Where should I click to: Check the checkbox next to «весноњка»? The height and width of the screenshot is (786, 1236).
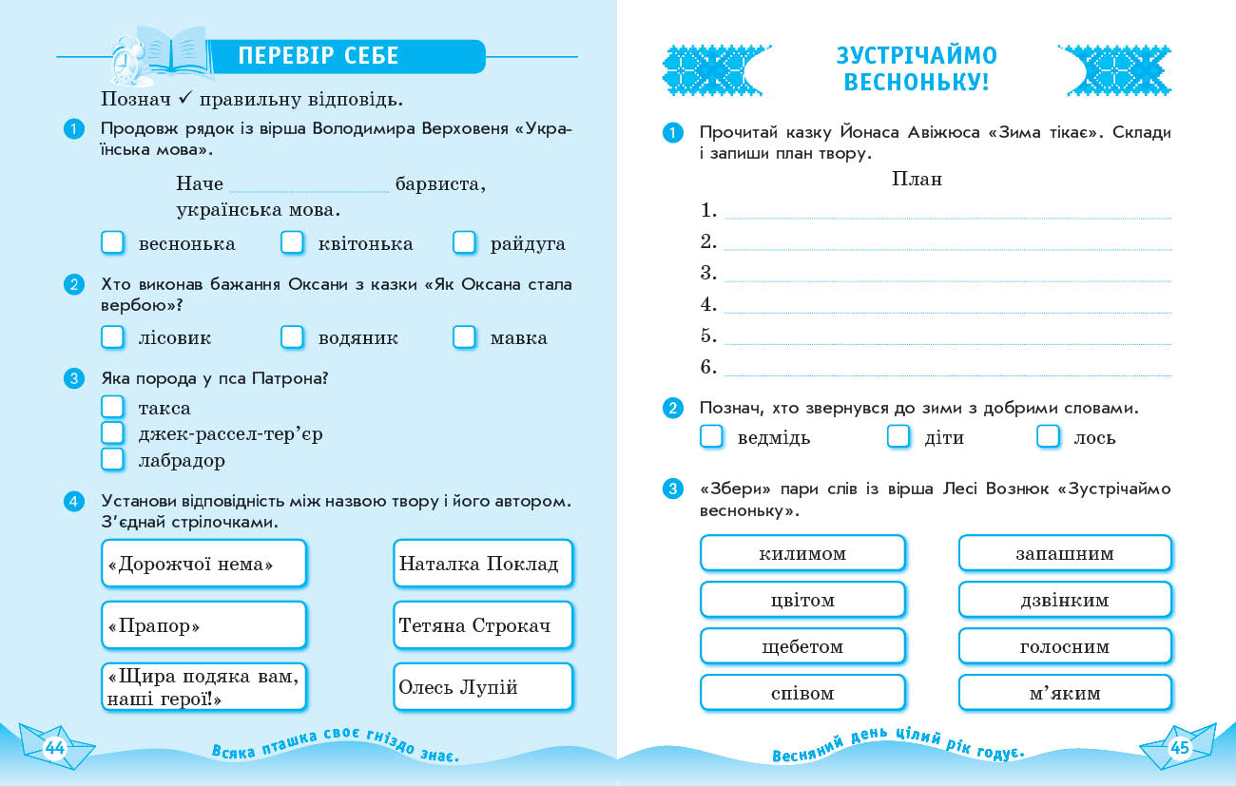pos(113,243)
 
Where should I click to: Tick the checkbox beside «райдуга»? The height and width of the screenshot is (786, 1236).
pos(464,243)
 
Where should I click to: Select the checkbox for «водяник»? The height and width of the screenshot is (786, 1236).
pos(292,337)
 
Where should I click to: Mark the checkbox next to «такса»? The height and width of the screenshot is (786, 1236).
pos(113,408)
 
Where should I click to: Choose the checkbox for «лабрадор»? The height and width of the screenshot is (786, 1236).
pos(113,460)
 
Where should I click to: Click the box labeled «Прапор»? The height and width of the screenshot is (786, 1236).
pos(203,625)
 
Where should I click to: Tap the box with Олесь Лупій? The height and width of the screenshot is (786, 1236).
pos(482,687)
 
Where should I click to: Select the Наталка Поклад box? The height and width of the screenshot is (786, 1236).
pos(482,564)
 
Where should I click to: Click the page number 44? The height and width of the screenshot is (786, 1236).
pos(54,748)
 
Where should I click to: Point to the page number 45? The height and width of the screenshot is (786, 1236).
pos(1180,748)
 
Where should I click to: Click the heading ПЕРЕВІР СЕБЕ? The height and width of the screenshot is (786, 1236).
pos(319,56)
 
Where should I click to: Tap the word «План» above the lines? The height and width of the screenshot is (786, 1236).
pos(917,179)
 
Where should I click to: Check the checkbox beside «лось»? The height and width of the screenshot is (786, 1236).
pos(1048,437)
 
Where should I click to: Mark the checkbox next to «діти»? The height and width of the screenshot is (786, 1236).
pos(898,437)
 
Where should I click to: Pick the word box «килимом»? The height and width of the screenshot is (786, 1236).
pos(802,553)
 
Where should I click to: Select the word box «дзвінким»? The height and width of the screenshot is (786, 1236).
pos(1065,600)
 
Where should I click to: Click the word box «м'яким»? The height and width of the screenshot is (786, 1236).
pos(1065,693)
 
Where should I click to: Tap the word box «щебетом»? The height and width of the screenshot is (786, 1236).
pos(802,646)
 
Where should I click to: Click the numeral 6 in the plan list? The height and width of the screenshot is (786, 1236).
pos(707,367)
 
